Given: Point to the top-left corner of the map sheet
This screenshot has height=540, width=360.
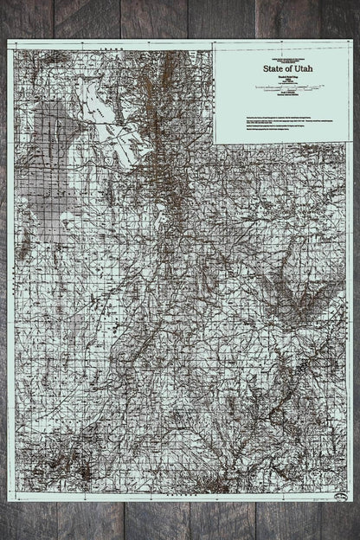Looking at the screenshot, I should (x=9, y=41).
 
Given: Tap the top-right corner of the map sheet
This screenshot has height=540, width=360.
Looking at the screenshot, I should (x=351, y=41).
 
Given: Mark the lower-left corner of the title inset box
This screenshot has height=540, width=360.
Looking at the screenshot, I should (x=215, y=142).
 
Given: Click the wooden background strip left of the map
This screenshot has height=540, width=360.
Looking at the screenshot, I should (x=3, y=260).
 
